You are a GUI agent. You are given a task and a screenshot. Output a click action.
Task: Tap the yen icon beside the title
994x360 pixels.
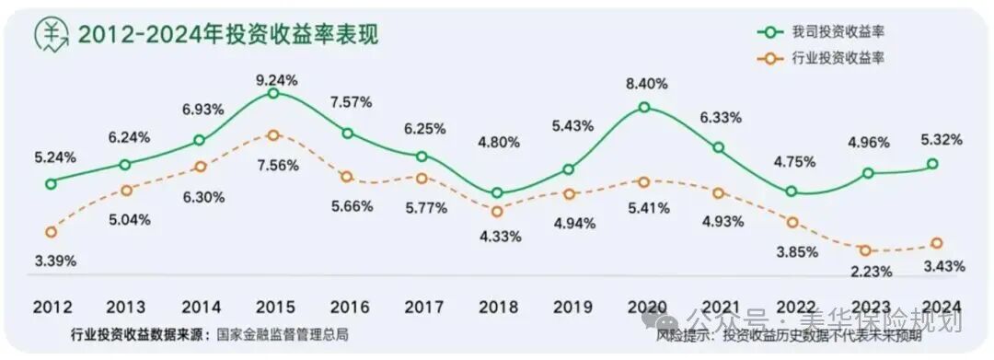[51, 34]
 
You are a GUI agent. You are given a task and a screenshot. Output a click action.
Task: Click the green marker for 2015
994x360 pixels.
[273, 93]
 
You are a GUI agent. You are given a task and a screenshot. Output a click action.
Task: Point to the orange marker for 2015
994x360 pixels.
[273, 135]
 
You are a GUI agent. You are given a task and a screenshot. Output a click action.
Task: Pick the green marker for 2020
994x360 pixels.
[644, 107]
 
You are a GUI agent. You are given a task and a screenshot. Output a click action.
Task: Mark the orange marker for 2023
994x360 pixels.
[866, 250]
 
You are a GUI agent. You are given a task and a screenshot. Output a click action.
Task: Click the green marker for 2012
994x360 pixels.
[51, 183]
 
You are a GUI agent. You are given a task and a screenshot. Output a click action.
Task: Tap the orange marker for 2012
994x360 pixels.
[51, 231]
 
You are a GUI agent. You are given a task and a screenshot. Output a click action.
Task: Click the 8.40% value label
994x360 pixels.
[646, 82]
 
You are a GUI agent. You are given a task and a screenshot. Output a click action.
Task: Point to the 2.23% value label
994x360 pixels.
[865, 271]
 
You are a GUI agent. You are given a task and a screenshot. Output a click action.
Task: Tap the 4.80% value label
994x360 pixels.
[500, 143]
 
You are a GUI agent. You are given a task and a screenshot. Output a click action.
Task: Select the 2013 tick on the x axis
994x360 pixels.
[125, 306]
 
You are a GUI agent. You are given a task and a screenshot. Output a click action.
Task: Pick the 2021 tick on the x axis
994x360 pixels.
[719, 306]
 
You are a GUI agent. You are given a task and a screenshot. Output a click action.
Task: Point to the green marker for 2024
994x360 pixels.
[934, 164]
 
